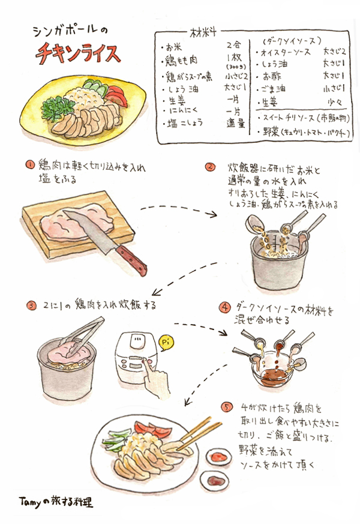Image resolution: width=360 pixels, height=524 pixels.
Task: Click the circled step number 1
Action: point(28,164)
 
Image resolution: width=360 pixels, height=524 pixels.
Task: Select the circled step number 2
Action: point(210,166)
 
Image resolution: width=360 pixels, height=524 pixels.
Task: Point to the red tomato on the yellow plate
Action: point(118,94)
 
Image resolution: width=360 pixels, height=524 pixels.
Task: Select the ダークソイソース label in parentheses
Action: point(287,41)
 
